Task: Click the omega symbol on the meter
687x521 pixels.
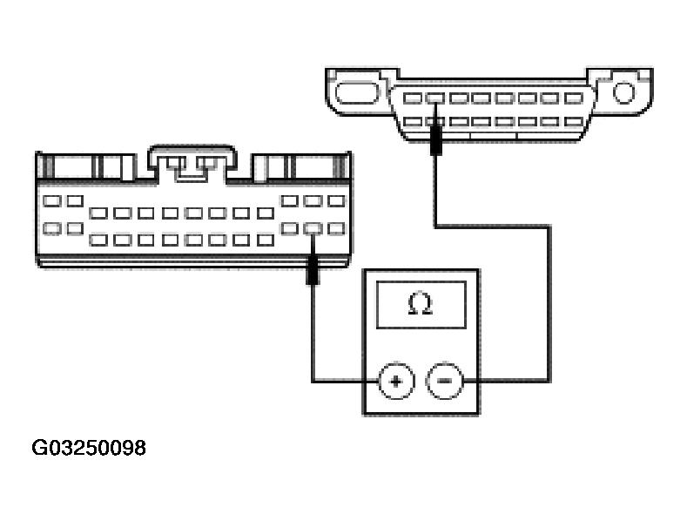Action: tap(421, 305)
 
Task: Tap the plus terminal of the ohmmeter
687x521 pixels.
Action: tap(395, 381)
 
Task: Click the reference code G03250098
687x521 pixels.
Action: tap(89, 449)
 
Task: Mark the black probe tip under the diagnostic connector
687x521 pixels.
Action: tap(434, 139)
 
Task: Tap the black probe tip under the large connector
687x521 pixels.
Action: tap(313, 272)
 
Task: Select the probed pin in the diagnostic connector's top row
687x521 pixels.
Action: tap(434, 98)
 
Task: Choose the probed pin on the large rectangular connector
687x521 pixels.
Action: tap(313, 229)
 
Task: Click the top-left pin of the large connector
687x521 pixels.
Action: tap(51, 200)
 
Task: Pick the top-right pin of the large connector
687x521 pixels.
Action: tap(336, 201)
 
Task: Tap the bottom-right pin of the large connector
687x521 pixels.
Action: tap(336, 229)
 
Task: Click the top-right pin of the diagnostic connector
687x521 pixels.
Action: tap(572, 98)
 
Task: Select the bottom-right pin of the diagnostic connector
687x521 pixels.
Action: tap(572, 121)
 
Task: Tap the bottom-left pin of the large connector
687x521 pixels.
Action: tap(51, 228)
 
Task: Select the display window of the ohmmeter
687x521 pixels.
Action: tap(421, 306)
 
